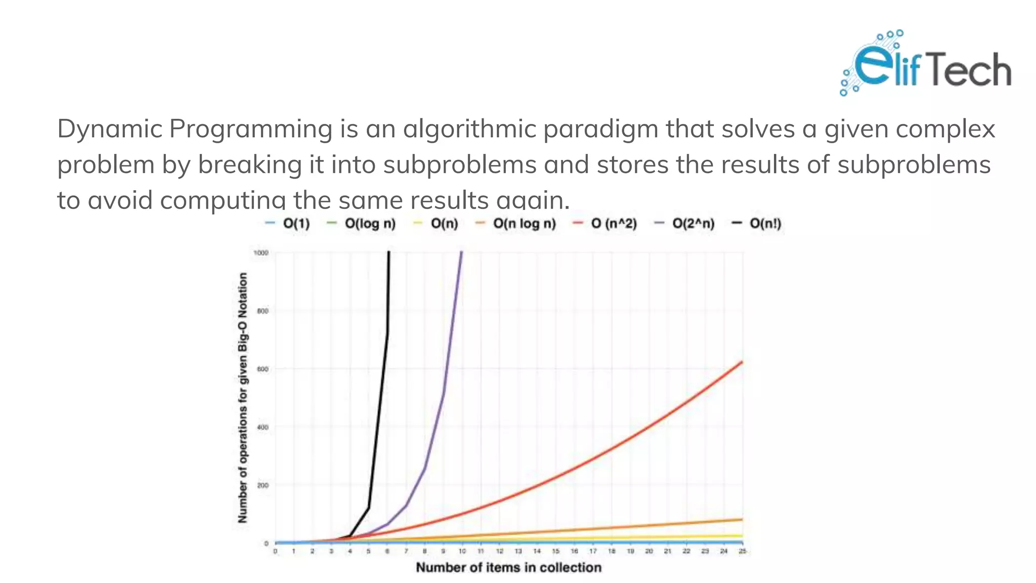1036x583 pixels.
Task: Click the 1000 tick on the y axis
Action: [261, 253]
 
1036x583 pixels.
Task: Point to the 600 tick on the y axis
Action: [263, 369]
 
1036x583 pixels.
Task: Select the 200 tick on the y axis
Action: [263, 485]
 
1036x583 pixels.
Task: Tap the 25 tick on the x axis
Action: [742, 551]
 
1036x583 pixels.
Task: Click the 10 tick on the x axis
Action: [462, 551]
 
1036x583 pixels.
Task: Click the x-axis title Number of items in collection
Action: [508, 568]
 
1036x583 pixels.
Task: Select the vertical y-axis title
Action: [243, 397]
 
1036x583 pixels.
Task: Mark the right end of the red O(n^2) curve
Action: [742, 362]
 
